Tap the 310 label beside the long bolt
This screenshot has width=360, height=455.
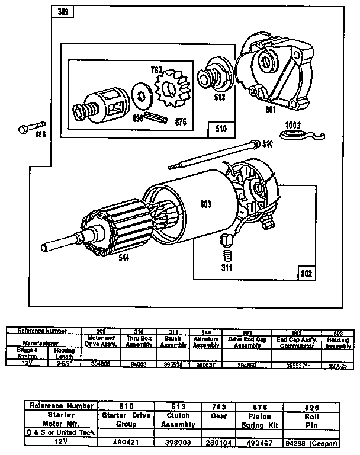[268, 143]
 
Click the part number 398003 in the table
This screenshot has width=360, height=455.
[178, 441]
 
